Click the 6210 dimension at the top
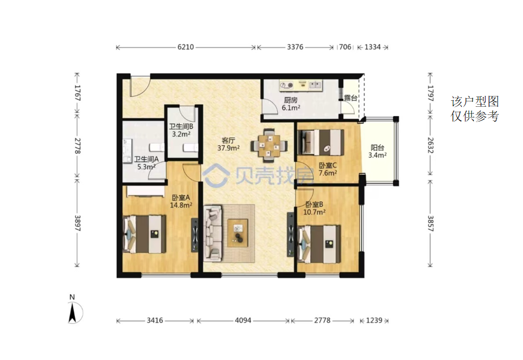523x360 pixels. coord(186,47)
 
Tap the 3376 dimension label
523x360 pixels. coord(295,47)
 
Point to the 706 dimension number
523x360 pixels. coord(345,47)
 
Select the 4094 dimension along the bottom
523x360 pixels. coord(243,320)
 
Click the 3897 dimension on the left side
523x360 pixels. coord(78,223)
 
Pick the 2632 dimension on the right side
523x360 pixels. coord(430,145)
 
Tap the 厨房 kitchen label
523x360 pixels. coord(291,100)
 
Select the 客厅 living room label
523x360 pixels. coord(228,140)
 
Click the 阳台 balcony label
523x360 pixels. coord(378,147)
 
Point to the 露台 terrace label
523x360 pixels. coord(350,98)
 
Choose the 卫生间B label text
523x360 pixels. coord(181,127)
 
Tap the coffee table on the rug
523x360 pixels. coord(238,233)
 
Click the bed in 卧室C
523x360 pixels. coord(321,143)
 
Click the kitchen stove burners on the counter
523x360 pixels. coord(287,85)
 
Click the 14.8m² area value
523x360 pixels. coord(181,205)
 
